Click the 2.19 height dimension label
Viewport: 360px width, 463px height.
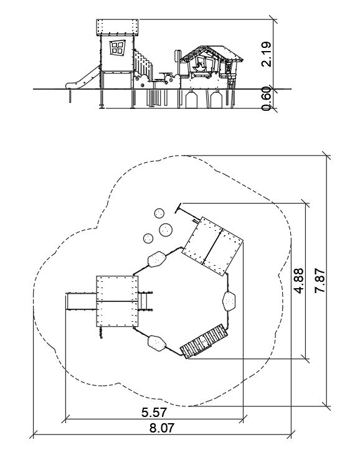pos(266,54)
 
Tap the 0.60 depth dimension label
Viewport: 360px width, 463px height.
pos(266,98)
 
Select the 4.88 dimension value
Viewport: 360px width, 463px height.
pos(298,281)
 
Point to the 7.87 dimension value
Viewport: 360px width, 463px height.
pos(320,281)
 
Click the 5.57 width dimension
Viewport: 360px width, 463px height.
pos(154,413)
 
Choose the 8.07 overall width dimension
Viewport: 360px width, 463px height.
pos(162,428)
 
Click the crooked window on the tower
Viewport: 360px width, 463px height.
pos(117,47)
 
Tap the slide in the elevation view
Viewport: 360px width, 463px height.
pos(83,78)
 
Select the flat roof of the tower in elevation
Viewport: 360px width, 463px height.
pos(117,27)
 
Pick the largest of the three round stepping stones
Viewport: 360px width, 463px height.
pos(166,230)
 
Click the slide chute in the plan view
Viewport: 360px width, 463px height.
pos(81,301)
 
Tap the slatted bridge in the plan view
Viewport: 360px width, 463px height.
pos(204,341)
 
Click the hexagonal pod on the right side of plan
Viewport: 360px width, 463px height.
pos(229,301)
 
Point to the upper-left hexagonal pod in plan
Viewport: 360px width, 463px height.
pos(156,260)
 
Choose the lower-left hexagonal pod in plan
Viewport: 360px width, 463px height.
pos(157,343)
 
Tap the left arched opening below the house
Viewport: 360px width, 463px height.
pos(192,100)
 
